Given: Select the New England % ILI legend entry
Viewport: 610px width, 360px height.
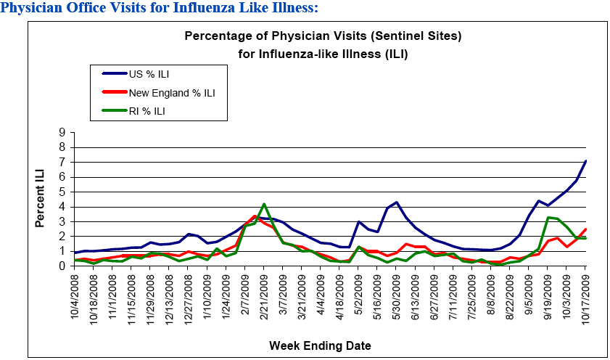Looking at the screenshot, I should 171,92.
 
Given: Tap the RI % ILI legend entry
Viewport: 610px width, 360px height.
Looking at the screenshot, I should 148,112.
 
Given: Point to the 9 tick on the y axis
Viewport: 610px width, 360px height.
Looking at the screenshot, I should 62,132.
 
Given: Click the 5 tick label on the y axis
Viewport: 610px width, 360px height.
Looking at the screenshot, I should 62,192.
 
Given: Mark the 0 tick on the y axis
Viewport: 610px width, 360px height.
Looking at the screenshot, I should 62,266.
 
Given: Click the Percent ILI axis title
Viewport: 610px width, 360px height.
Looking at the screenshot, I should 41,199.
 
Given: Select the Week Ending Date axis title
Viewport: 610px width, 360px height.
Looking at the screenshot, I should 321,345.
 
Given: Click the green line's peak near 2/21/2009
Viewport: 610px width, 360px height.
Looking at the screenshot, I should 264,205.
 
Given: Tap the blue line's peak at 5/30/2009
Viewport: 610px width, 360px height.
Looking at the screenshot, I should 396,202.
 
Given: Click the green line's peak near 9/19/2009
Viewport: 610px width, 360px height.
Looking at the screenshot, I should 548,217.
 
